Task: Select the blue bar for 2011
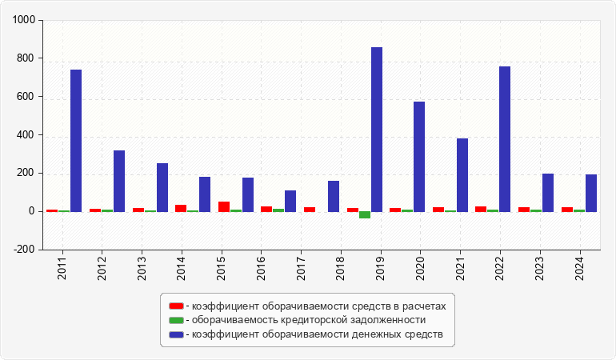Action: pyautogui.click(x=76, y=141)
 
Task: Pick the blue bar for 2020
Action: pyautogui.click(x=419, y=157)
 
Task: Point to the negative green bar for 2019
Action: pyautogui.click(x=365, y=215)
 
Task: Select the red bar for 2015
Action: pyautogui.click(x=224, y=206)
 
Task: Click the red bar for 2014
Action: pyautogui.click(x=181, y=208)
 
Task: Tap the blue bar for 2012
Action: pyautogui.click(x=119, y=181)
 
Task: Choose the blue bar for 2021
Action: pyautogui.click(x=462, y=175)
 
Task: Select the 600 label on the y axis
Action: pyautogui.click(x=26, y=98)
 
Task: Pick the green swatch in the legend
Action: pyautogui.click(x=176, y=320)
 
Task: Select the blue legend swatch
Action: pyautogui.click(x=176, y=334)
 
